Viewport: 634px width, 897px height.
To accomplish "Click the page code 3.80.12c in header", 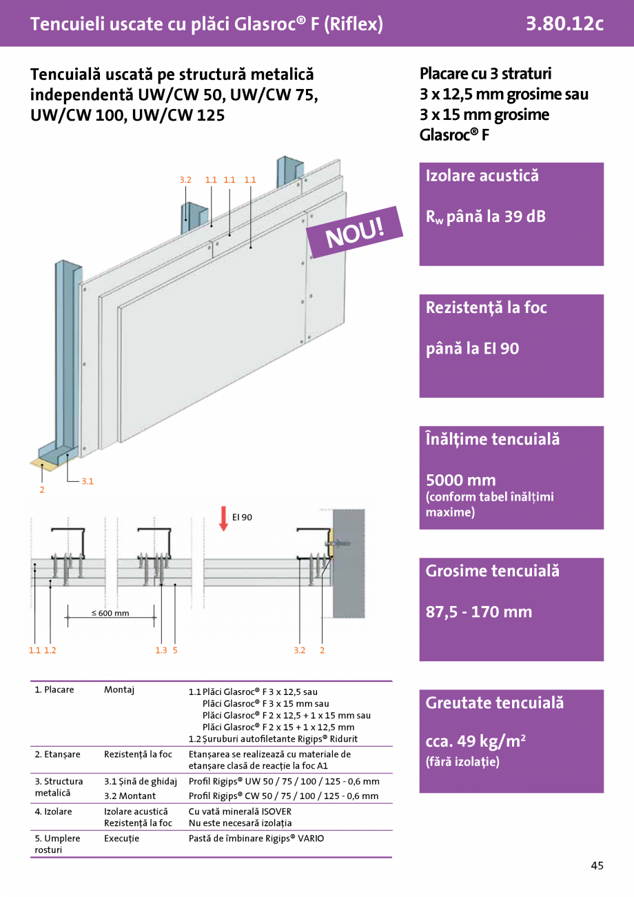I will (564, 24).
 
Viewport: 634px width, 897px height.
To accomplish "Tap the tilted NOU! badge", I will (354, 232).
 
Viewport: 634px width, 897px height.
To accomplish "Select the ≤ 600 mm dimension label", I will (110, 613).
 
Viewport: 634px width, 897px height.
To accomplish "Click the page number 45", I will (597, 865).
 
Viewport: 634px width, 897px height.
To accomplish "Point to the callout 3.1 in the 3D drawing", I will (88, 481).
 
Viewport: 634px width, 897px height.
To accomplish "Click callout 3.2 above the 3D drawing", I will (185, 180).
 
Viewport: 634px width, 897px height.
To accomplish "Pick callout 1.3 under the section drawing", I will (161, 650).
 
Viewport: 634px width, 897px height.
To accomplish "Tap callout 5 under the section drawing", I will (176, 650).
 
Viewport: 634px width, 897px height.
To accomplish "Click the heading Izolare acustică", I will (482, 176).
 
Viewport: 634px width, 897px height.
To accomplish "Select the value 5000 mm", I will (460, 480).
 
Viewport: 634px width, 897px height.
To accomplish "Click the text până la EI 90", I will (472, 349).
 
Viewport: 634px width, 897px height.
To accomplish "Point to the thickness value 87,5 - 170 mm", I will (478, 612).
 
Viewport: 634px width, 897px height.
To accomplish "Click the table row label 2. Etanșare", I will (57, 754).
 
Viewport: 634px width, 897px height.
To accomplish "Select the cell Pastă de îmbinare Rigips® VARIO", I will (256, 838).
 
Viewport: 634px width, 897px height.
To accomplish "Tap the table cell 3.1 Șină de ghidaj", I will (141, 781).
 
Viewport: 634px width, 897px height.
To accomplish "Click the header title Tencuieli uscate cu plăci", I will (206, 24).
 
